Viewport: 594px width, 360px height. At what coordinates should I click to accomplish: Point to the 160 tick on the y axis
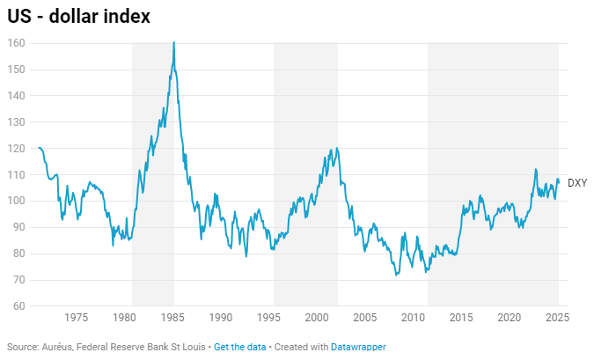click(17, 43)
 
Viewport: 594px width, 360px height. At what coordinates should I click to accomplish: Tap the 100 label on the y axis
click(17, 201)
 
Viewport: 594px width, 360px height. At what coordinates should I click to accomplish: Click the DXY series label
click(577, 183)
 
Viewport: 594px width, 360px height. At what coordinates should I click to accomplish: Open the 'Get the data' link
click(239, 347)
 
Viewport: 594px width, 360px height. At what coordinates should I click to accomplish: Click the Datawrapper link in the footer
click(358, 347)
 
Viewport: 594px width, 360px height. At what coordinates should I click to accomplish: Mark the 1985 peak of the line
click(173, 43)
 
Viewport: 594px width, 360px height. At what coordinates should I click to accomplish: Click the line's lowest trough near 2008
click(396, 276)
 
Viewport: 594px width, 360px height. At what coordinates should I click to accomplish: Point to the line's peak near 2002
click(337, 148)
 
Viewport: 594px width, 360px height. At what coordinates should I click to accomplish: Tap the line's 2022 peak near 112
click(535, 169)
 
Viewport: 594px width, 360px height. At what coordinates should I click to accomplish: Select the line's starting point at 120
click(39, 148)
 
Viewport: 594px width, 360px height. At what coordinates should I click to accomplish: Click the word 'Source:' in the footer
click(24, 347)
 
